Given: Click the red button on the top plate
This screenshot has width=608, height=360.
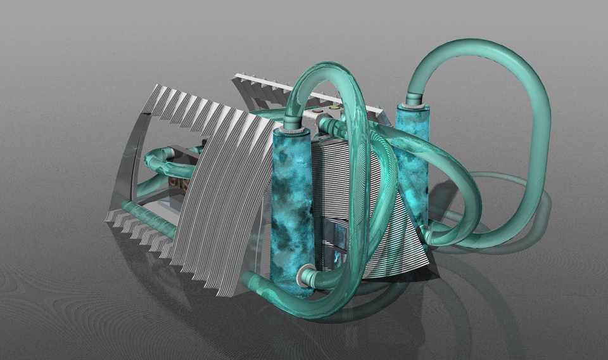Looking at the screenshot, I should (x=318, y=110).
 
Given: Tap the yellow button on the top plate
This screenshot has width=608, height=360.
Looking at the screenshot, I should (x=334, y=108).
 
